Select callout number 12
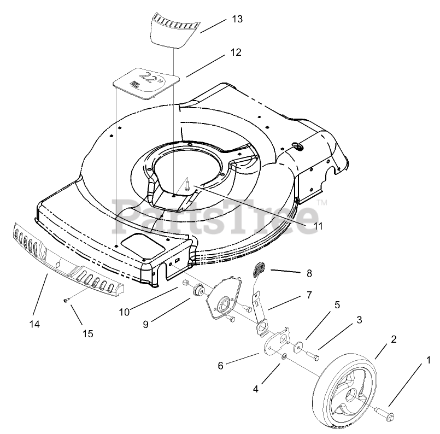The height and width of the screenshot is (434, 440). click(x=236, y=53)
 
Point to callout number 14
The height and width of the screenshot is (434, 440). click(x=35, y=324)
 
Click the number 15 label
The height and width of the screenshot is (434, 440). click(x=87, y=333)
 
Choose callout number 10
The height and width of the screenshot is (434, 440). click(x=124, y=312)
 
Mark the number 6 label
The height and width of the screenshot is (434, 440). click(x=220, y=366)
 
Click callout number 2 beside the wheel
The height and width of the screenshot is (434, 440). click(x=394, y=339)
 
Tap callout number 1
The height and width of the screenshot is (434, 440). click(x=428, y=360)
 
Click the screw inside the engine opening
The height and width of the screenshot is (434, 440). click(x=187, y=184)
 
